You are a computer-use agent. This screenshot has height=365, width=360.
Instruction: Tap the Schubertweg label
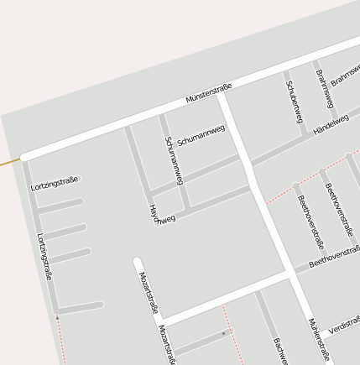(294, 102)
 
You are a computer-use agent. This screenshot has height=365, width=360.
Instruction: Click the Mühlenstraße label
(318, 339)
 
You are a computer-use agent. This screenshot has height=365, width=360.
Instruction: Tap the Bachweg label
(280, 351)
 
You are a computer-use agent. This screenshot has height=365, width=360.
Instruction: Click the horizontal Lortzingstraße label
(55, 183)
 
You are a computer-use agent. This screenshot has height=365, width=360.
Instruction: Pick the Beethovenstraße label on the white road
(334, 257)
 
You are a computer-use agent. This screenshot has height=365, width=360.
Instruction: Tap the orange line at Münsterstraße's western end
(8, 160)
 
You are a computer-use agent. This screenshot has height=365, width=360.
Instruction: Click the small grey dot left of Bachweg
(223, 333)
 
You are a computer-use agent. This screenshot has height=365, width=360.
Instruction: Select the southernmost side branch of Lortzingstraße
(80, 307)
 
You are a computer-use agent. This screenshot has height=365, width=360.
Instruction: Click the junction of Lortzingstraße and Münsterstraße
(25, 157)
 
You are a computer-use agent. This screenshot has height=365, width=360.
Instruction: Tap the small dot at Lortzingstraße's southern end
(57, 318)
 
